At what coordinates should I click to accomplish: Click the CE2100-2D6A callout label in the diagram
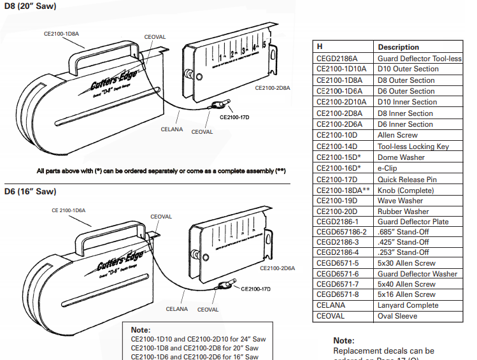[280, 268]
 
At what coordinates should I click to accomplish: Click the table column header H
[320, 47]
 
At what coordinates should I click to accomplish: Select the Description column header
[398, 47]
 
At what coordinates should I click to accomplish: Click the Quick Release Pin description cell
[408, 180]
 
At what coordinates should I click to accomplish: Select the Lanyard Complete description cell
[408, 305]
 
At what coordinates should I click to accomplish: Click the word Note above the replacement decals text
[344, 341]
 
